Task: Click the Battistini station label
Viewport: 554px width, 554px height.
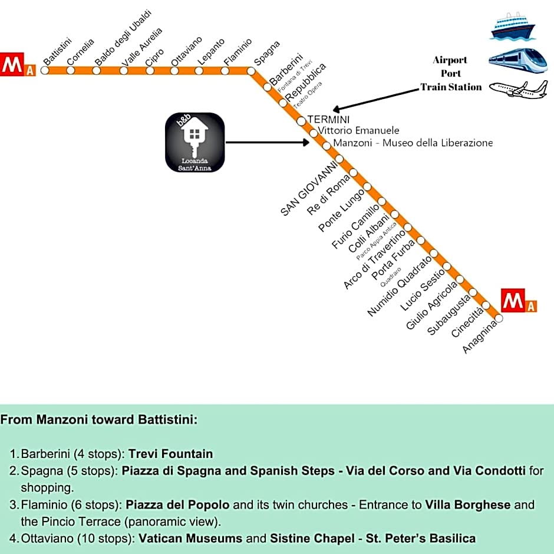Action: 57,51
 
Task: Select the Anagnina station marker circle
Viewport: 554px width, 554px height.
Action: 499,318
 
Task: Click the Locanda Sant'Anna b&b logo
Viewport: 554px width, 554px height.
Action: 195,142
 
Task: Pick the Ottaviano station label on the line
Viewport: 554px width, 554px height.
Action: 186,50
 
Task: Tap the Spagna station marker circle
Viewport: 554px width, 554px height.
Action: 252,71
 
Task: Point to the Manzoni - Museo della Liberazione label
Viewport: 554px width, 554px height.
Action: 413,143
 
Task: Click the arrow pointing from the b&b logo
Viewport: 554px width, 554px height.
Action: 268,142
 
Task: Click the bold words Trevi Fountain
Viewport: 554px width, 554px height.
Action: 170,454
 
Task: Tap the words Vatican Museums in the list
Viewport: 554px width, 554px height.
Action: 190,538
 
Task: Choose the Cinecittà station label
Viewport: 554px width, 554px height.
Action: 467,322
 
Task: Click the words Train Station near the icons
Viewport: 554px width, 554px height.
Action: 451,87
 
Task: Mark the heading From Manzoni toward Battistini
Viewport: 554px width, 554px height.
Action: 98,420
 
